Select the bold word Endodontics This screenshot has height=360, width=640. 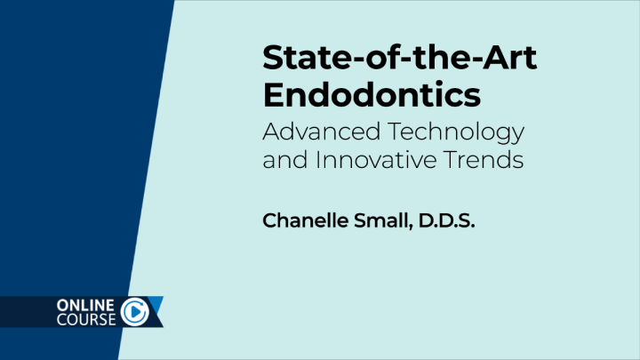coord(373,94)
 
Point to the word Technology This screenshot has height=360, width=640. coord(462,132)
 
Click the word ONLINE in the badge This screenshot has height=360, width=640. coord(84,305)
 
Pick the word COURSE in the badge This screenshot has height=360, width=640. coord(84,319)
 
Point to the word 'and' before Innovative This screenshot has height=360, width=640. coord(282,162)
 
